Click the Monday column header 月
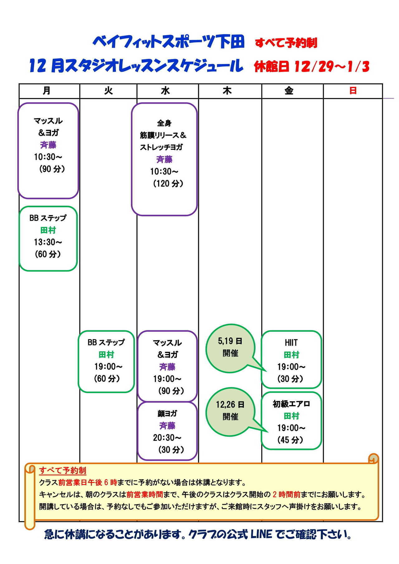pos(46,91)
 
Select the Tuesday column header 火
pos(108,91)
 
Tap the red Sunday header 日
pos(353,91)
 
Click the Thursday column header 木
pos(227,91)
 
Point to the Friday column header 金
pos(289,91)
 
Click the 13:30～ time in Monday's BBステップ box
pos(48,242)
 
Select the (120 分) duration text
pos(168,184)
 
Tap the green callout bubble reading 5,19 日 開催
pos(230,347)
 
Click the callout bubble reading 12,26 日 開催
pos(230,411)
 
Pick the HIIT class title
pos(291,343)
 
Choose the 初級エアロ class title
pos(291,404)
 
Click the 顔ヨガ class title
pos(167,413)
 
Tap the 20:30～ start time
pos(167,438)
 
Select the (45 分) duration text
pos(290,440)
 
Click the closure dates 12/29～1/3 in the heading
pos(331,66)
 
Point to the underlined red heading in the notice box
pos(63,471)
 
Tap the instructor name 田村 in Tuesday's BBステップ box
pos(106,355)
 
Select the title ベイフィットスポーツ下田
pos(169,42)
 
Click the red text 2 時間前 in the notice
pos(286,495)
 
